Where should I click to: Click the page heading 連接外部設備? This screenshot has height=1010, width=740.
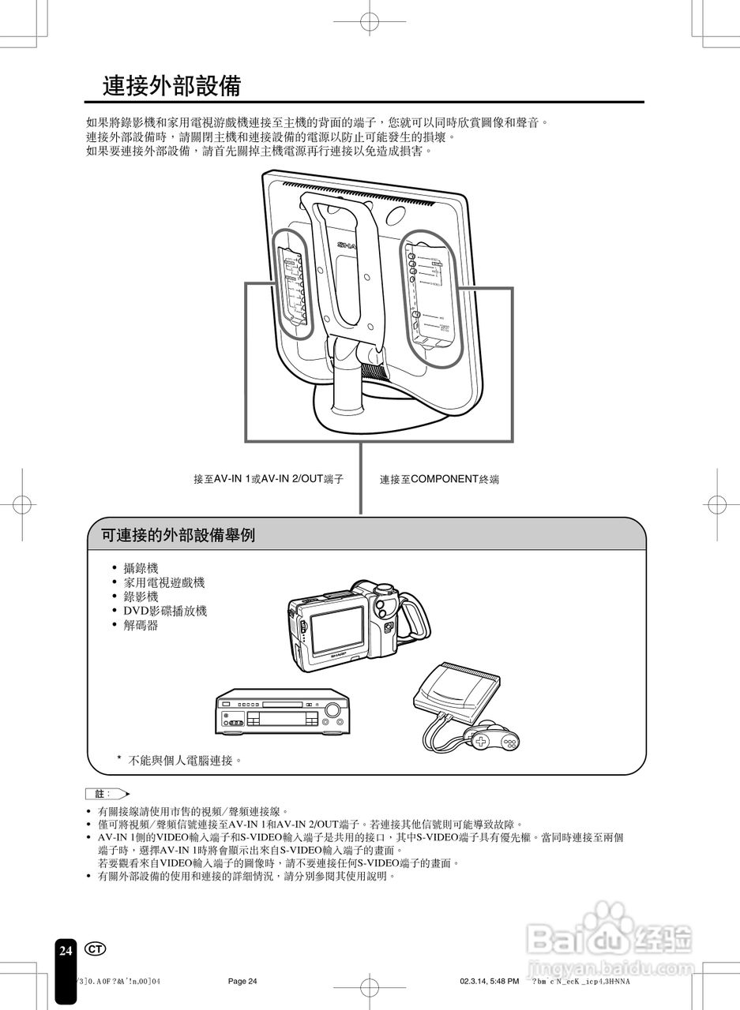pyautogui.click(x=171, y=86)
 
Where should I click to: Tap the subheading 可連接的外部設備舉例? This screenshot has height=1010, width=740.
pyautogui.click(x=178, y=536)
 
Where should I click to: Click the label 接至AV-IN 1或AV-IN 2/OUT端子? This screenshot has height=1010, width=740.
pyautogui.click(x=269, y=479)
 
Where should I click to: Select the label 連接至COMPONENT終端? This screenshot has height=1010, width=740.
pyautogui.click(x=439, y=479)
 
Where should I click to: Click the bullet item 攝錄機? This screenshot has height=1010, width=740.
pyautogui.click(x=141, y=568)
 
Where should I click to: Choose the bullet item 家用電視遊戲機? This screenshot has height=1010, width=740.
pyautogui.click(x=163, y=582)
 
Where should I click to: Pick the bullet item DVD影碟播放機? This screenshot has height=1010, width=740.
pyautogui.click(x=164, y=611)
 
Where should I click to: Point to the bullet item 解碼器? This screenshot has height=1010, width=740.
pyautogui.click(x=141, y=625)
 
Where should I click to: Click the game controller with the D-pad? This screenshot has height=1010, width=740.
pyautogui.click(x=494, y=738)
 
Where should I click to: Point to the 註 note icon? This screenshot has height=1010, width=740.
pyautogui.click(x=107, y=793)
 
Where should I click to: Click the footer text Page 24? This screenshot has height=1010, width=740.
pyautogui.click(x=242, y=981)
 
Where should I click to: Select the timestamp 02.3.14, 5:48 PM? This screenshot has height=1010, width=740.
pyautogui.click(x=489, y=981)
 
